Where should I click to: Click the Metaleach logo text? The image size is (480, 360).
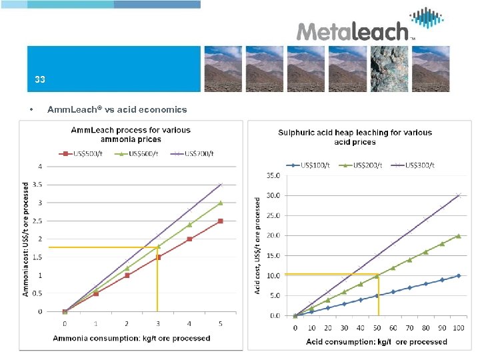[x=351, y=32]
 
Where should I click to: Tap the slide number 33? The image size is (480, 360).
[x=40, y=79]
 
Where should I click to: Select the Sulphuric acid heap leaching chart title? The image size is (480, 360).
[x=355, y=137]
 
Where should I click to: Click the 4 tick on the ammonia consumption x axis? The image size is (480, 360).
[x=189, y=324]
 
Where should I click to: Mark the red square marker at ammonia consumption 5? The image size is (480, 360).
[x=221, y=221]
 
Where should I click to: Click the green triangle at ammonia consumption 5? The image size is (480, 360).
[x=221, y=203]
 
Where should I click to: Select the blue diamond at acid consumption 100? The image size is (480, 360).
[x=458, y=275]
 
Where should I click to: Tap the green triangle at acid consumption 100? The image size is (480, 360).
[x=458, y=236]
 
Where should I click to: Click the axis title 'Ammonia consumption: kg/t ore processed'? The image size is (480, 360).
[x=132, y=338]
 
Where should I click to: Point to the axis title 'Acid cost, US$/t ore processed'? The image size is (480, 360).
[x=258, y=246]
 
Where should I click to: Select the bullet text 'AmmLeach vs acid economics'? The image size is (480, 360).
[x=117, y=109]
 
